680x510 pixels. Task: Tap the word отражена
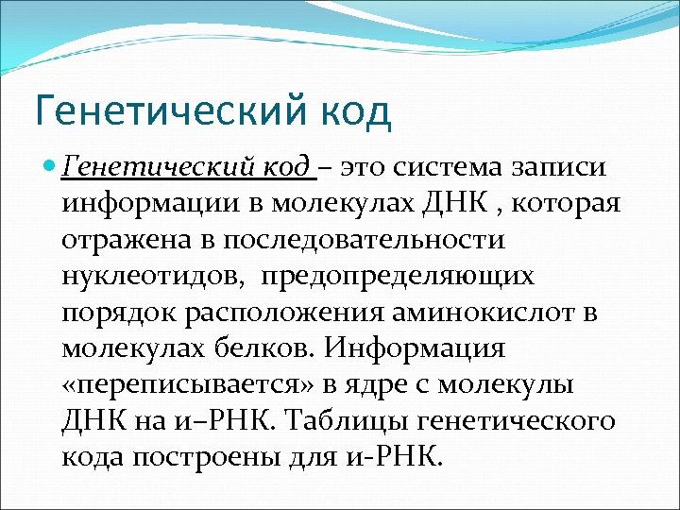pyautogui.click(x=131, y=241)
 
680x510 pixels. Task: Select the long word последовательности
pyautogui.click(x=364, y=241)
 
